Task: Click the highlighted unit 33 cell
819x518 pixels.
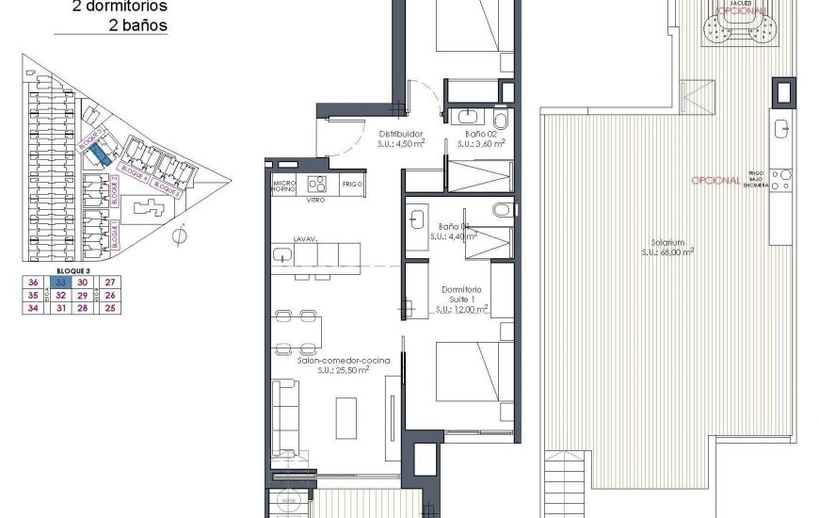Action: pos(59,283)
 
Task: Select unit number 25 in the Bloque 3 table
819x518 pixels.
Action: pos(110,307)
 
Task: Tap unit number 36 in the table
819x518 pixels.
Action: pos(33,283)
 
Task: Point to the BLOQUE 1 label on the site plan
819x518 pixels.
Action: pos(114,235)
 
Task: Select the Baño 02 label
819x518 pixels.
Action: pos(481,134)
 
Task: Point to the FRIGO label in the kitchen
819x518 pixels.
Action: pos(352,184)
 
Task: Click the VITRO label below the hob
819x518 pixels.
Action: pos(316,201)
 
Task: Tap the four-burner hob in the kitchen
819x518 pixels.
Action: pos(316,184)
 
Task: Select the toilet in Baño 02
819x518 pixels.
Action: pos(500,119)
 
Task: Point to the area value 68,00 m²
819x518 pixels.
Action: pos(668,251)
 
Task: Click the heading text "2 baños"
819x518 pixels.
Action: pos(137,26)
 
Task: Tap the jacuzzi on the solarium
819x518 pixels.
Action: pos(740,36)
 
